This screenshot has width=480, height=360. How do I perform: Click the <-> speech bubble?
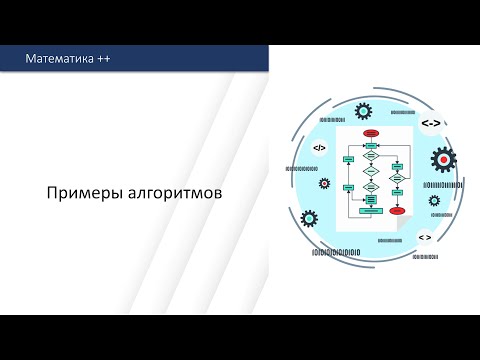pos(429,123)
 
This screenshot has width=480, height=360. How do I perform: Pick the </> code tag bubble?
pos(319,148)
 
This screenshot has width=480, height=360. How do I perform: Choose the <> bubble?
pos(424,237)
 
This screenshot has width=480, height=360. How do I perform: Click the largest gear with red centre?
pos(442,158)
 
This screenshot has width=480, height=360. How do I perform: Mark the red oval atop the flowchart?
pos(370,132)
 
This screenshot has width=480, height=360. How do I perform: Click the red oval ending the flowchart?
pos(397,211)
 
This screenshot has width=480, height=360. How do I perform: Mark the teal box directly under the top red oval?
pos(370,146)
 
